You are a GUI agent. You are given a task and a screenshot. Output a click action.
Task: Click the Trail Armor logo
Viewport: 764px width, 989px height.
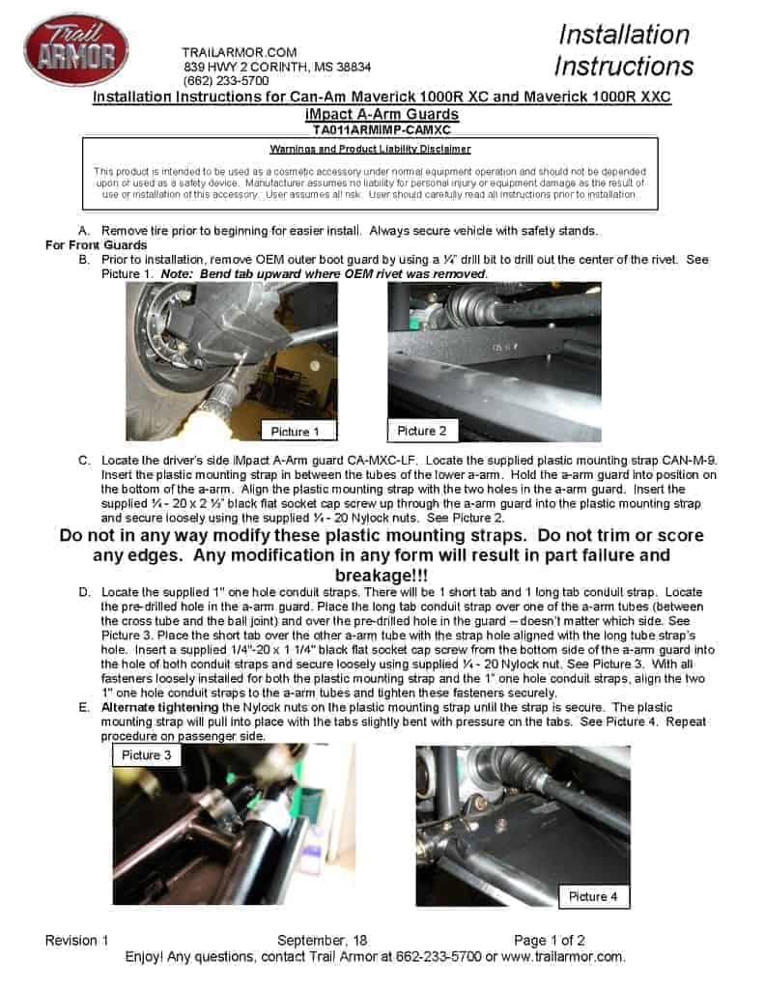tap(75, 50)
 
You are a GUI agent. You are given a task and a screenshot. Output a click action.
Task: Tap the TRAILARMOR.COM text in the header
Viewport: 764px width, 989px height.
tap(239, 52)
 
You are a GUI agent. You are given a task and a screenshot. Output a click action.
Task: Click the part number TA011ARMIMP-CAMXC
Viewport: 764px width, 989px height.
tap(382, 128)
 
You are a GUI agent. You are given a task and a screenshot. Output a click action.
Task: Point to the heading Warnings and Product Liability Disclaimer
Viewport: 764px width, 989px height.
tap(370, 149)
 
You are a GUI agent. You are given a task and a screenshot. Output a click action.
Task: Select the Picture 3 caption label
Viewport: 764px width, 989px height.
tap(147, 754)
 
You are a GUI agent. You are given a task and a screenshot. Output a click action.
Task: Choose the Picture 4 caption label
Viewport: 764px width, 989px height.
tap(593, 896)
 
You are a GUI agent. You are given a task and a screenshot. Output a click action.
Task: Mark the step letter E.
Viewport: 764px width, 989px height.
tap(84, 707)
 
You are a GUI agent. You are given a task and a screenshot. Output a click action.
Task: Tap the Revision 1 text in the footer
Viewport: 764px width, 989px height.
tap(77, 940)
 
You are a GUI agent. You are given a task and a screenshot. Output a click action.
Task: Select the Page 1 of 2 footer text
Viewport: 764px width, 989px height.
tap(550, 940)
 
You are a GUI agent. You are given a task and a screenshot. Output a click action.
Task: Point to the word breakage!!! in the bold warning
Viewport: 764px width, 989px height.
tap(382, 575)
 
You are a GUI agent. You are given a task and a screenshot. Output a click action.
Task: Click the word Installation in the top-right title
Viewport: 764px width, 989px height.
tap(624, 35)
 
